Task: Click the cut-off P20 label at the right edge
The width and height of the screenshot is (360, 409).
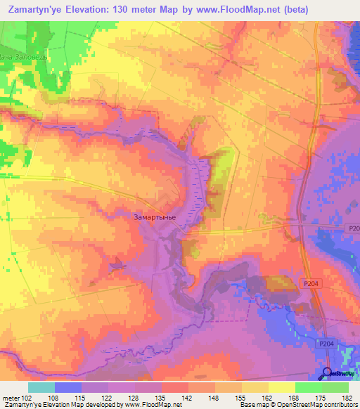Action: click(x=353, y=228)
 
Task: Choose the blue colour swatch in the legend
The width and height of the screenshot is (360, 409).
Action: click(x=68, y=387)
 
